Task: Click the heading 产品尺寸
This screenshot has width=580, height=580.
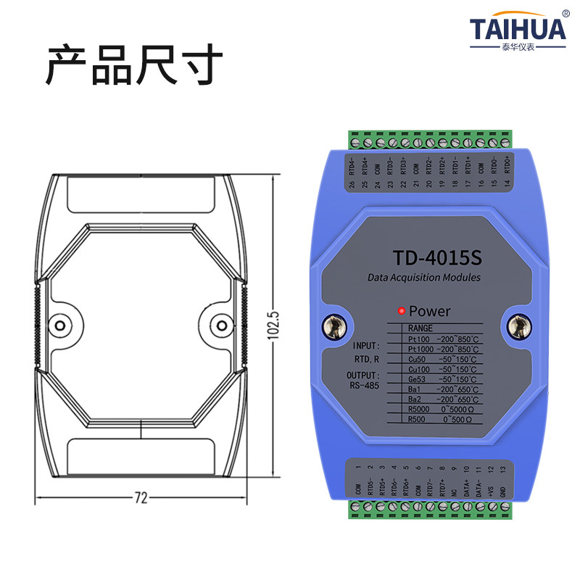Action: [134, 66]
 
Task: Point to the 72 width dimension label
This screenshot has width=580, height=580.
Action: [141, 497]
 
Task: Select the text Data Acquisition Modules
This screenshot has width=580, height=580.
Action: [424, 278]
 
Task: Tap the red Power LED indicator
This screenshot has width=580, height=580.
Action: [400, 312]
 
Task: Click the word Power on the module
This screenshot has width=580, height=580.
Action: [430, 312]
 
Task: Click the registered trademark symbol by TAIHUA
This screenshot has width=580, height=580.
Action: [565, 13]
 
